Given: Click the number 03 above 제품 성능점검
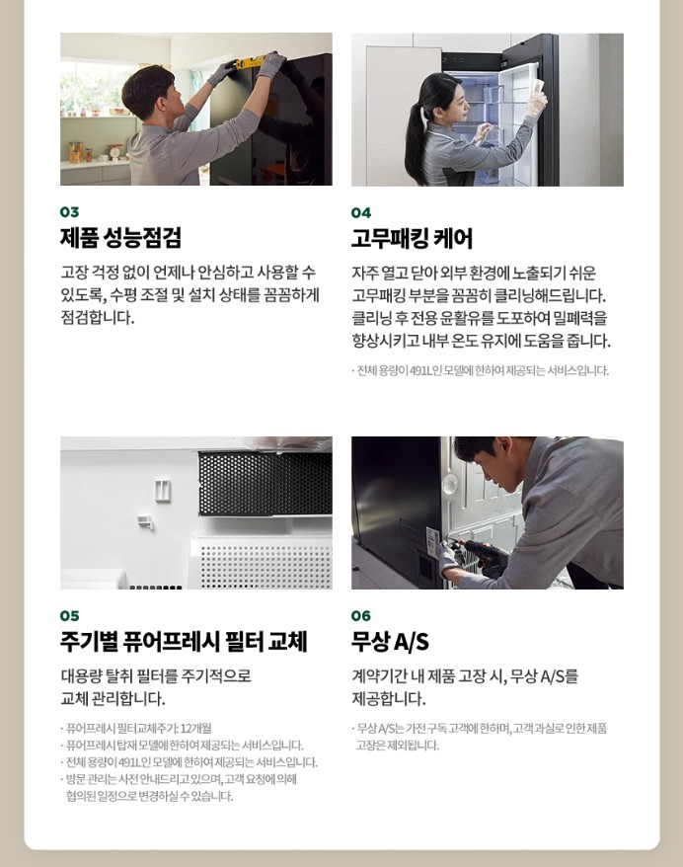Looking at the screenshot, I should point(69,211).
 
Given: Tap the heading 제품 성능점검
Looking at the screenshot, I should point(120,238).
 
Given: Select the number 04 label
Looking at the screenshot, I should point(361,212).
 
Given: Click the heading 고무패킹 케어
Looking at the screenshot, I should point(412,239).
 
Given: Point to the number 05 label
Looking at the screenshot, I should point(69,615).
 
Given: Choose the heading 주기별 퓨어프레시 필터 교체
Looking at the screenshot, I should point(184,642).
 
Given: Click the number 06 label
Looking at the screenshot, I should point(361,615).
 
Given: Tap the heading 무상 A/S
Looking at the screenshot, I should point(390,642).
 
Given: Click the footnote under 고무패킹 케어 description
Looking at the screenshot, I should point(481,370).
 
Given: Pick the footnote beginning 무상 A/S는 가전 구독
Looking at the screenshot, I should point(481,728).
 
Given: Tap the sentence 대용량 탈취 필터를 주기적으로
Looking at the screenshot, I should point(156,676).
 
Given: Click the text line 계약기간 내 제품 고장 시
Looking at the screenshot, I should point(465,676).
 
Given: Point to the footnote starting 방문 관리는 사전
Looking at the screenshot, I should point(179,778).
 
